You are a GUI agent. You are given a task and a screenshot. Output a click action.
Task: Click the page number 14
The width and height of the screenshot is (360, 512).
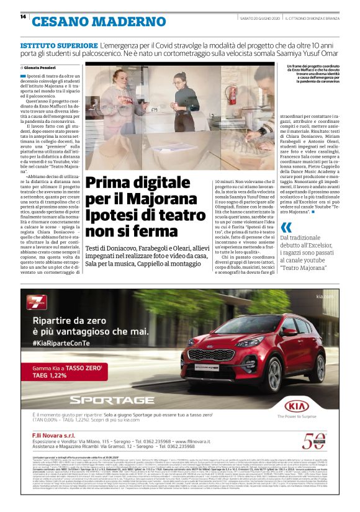tap(23, 17)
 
